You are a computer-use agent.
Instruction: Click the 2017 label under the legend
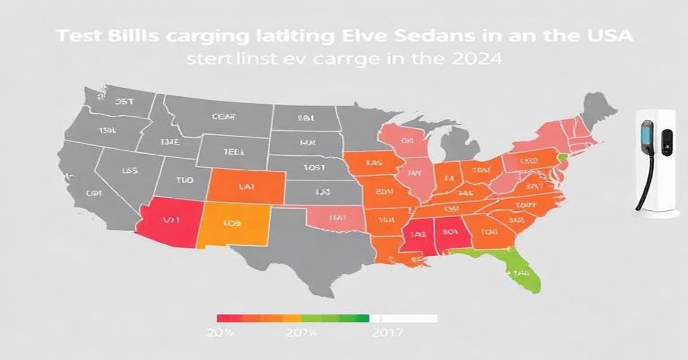pos(387,332)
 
